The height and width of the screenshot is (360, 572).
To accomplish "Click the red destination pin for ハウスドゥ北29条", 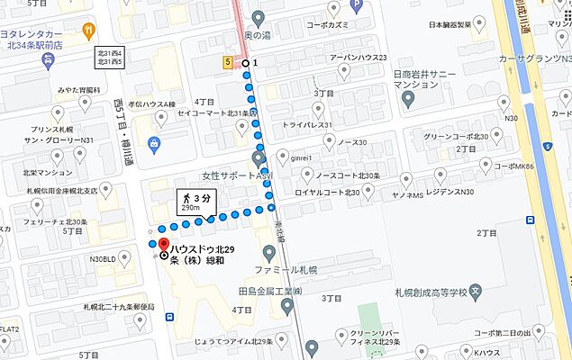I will (x=163, y=244).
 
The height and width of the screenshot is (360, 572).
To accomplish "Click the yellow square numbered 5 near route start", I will (x=229, y=62).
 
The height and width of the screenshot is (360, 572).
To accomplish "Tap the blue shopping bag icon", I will (x=156, y=142).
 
